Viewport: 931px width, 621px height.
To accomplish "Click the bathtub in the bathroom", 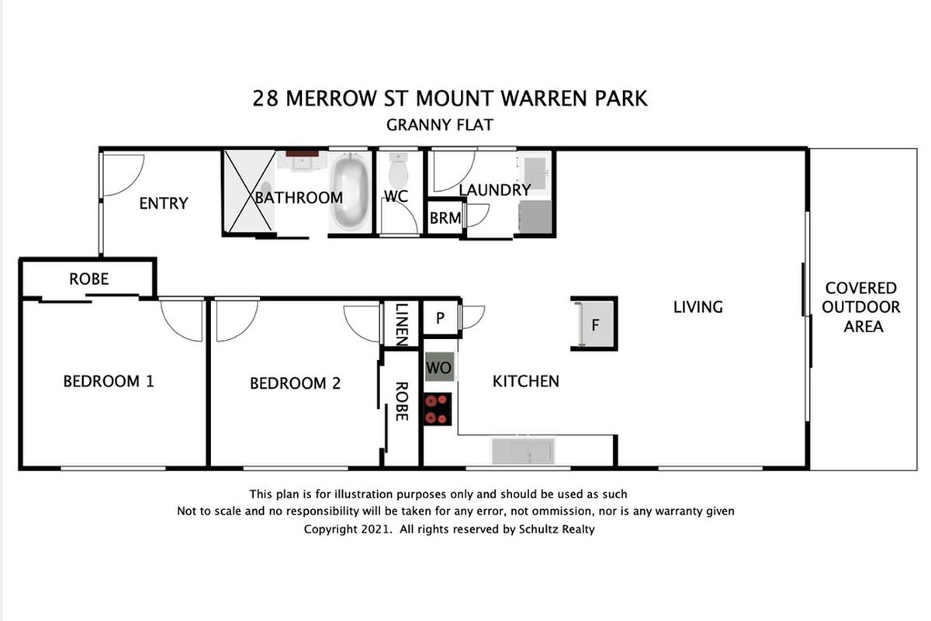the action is click(x=350, y=192).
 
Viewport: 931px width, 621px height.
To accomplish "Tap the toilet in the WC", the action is click(x=399, y=170).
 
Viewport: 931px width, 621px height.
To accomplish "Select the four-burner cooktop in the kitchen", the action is click(x=438, y=409).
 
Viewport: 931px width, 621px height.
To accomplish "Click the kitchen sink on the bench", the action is click(x=523, y=451).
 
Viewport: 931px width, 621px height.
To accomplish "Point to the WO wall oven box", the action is click(x=439, y=367).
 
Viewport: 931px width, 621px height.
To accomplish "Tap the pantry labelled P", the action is click(x=440, y=318).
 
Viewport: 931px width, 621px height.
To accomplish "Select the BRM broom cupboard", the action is click(x=445, y=218).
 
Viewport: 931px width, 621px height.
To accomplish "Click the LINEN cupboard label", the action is click(x=402, y=324).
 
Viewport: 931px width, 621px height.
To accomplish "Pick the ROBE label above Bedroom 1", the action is click(x=89, y=279).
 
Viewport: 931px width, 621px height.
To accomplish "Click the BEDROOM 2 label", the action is click(x=295, y=383).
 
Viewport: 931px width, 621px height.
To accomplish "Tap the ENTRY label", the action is click(x=164, y=203).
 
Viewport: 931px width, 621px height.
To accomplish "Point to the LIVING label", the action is click(x=698, y=307).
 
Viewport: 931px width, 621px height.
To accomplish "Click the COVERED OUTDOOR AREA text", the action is click(x=861, y=307).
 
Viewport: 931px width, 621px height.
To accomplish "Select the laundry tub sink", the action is click(x=536, y=172).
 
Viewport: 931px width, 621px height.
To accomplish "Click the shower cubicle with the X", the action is click(x=249, y=191).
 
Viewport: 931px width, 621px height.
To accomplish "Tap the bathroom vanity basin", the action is click(x=302, y=161).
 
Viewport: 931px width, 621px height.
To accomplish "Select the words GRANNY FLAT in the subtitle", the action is click(x=440, y=125).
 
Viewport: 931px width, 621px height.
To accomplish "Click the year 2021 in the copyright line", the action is click(x=376, y=529).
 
